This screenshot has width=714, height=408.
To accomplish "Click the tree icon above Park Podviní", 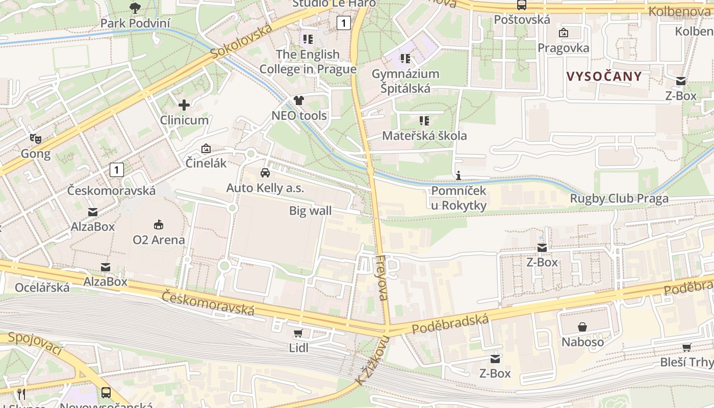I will coord(135,8).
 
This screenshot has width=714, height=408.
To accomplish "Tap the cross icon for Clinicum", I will coord(184,105).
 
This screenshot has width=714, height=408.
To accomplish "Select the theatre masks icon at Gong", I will coord(35,138).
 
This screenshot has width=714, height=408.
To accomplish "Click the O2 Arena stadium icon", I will coord(159,224).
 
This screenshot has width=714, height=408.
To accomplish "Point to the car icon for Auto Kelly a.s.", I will coord(265,172).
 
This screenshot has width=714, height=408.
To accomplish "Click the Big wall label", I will coord(310,211).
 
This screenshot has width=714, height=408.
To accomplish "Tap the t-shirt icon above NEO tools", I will coord(298,100).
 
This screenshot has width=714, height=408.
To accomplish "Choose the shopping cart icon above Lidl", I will coord(298,334).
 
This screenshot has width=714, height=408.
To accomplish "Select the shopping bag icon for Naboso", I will coord(582,327).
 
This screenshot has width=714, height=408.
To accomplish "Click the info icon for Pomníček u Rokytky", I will coord(458,176).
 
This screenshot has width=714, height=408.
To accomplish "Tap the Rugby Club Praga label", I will coord(619,199).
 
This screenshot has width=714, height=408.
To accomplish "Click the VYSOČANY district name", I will coord(604,76).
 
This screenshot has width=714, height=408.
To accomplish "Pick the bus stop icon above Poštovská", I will coord(521,5).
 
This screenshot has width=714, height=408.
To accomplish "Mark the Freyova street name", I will coord(382,277).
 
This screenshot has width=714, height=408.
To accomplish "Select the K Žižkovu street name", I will coord(372,360).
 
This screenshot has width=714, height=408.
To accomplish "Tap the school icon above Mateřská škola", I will coord(424,121).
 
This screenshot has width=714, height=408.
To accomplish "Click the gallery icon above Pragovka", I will coord(564,33).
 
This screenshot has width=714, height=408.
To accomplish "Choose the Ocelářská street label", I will coord(42,288).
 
